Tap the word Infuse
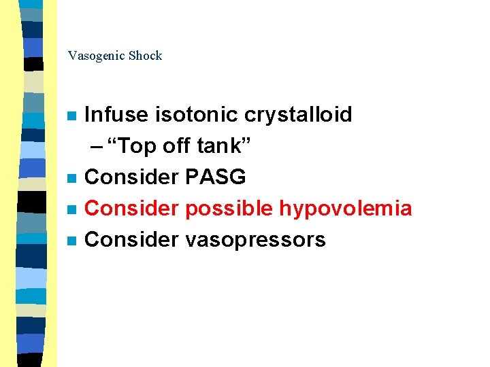pyautogui.click(x=116, y=114)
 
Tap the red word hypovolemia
pyautogui.click(x=346, y=208)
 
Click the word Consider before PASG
pyautogui.click(x=131, y=177)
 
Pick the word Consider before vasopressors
pyautogui.click(x=131, y=239)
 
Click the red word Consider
pyautogui.click(x=131, y=208)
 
